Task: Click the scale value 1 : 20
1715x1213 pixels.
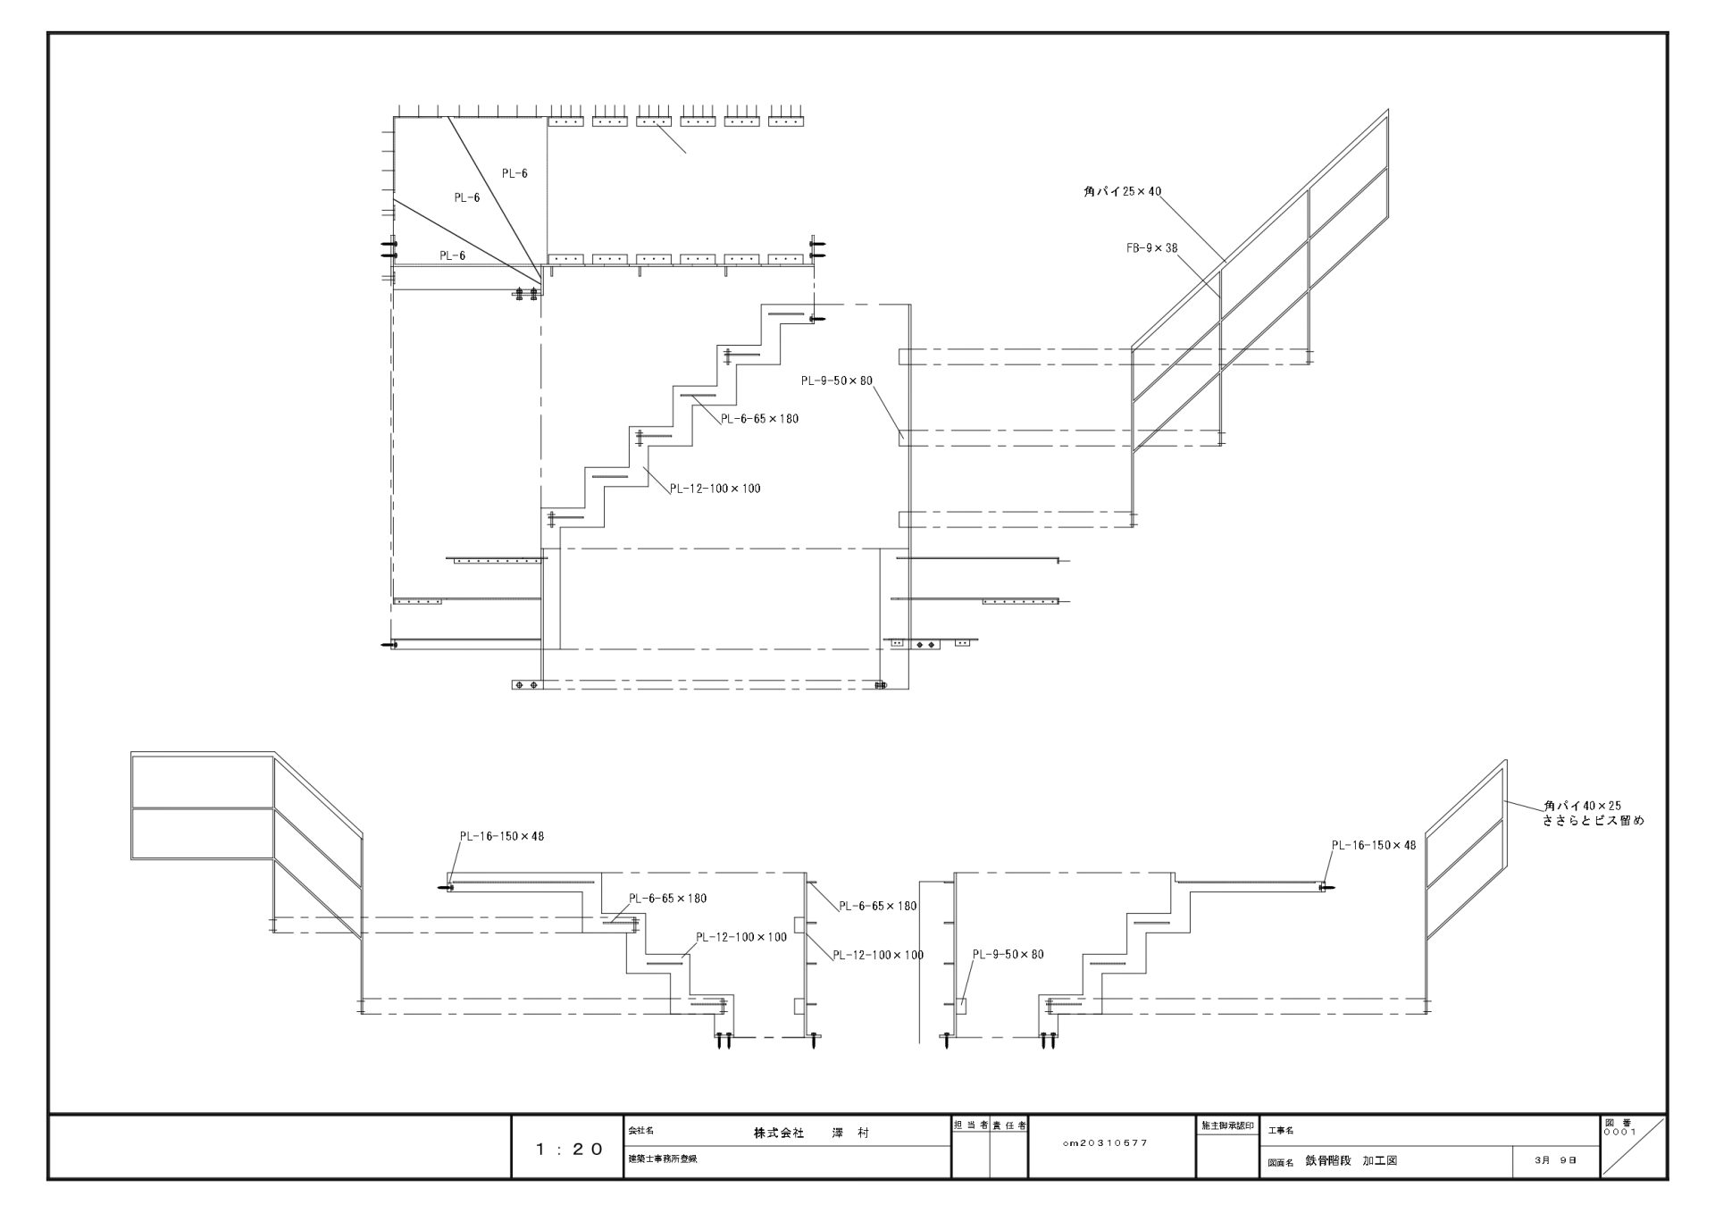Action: click(569, 1150)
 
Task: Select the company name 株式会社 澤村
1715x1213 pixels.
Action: click(810, 1133)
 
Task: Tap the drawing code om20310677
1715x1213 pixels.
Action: click(1106, 1142)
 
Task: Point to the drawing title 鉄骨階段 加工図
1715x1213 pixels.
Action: click(1350, 1161)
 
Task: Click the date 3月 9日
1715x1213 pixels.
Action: click(1555, 1160)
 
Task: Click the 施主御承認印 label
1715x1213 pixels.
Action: click(1227, 1125)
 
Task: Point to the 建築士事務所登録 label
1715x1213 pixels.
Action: click(662, 1159)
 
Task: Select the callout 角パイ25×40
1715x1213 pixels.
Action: click(1122, 191)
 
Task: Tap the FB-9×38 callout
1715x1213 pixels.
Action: click(1151, 247)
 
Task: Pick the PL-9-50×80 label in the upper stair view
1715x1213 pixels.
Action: click(836, 381)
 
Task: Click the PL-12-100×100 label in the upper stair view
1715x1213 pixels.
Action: click(715, 489)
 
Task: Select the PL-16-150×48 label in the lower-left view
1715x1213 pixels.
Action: click(501, 837)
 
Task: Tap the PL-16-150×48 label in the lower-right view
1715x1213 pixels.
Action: click(1373, 845)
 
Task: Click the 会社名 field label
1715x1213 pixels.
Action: click(641, 1131)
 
